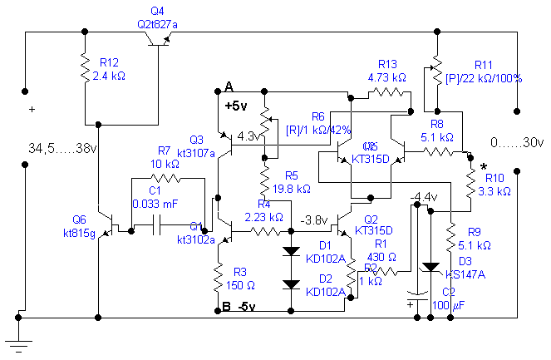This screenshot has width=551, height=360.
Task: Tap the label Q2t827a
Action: coord(157,25)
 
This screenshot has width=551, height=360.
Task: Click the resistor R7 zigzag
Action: coord(165,178)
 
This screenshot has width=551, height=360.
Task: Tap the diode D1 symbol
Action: coord(290,250)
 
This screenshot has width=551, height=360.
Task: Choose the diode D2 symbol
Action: coord(290,284)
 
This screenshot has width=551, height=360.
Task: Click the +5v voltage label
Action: coord(236,106)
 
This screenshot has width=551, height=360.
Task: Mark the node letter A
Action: coord(229,87)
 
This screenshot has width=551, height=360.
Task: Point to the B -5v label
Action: coord(239,307)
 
